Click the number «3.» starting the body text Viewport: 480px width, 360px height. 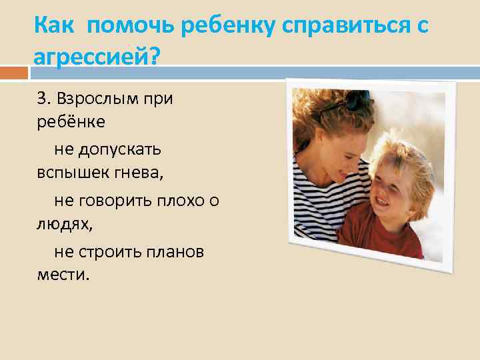[x=44, y=99]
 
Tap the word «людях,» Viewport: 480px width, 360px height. [x=65, y=224]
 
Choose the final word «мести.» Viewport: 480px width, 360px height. [x=63, y=275]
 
